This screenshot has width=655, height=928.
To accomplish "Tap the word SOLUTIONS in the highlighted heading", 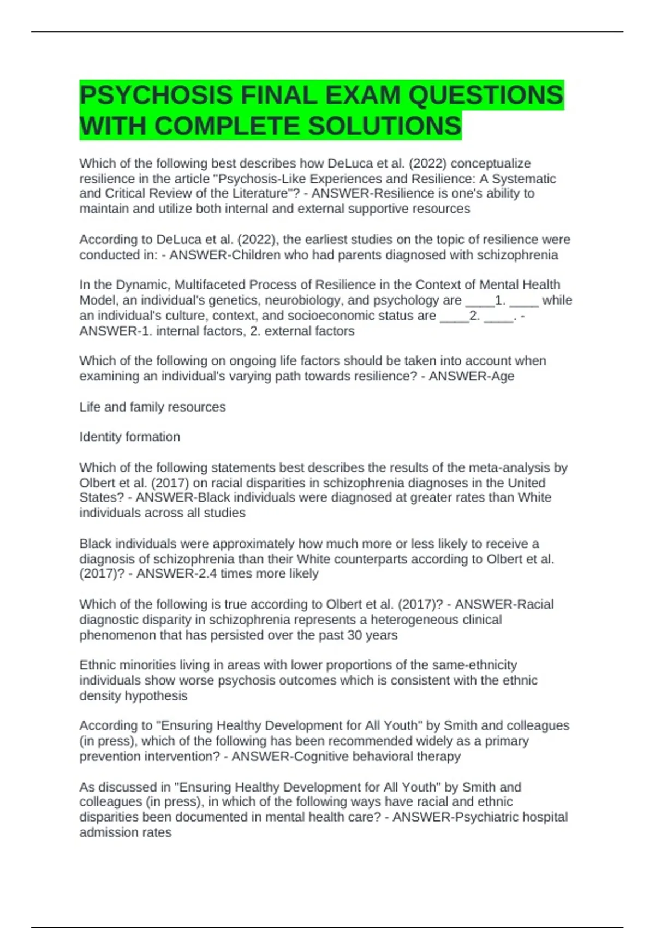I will pyautogui.click(x=385, y=126).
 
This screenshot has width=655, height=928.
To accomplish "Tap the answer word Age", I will pyautogui.click(x=503, y=376).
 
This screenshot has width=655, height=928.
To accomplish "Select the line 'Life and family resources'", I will pyautogui.click(x=152, y=407).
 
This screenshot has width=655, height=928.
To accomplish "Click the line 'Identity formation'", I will pyautogui.click(x=129, y=437).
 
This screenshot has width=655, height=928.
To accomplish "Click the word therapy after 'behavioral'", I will pyautogui.click(x=439, y=756).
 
